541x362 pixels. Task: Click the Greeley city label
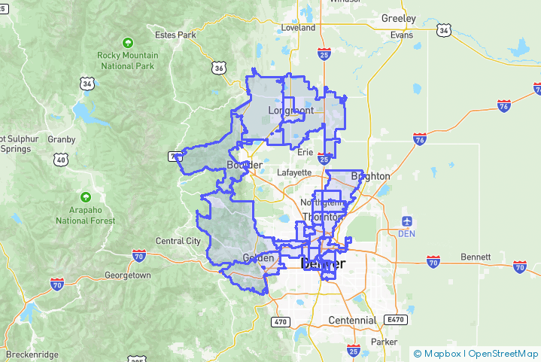pyautogui.click(x=399, y=18)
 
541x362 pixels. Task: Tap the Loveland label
pyautogui.click(x=298, y=28)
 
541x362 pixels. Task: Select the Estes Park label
pyautogui.click(x=175, y=35)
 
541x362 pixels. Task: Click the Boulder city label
pyautogui.click(x=244, y=165)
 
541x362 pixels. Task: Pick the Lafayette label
pyautogui.click(x=294, y=172)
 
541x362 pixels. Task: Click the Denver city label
pyautogui.click(x=323, y=264)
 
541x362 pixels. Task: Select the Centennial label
pyautogui.click(x=352, y=320)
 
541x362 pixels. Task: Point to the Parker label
pyautogui.click(x=384, y=342)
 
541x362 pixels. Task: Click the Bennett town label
pyautogui.click(x=475, y=257)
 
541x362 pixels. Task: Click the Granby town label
pyautogui.click(x=62, y=139)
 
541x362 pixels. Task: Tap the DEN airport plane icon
pyautogui.click(x=408, y=221)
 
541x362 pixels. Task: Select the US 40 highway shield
pyautogui.click(x=61, y=160)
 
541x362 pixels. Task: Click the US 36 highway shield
pyautogui.click(x=219, y=68)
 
